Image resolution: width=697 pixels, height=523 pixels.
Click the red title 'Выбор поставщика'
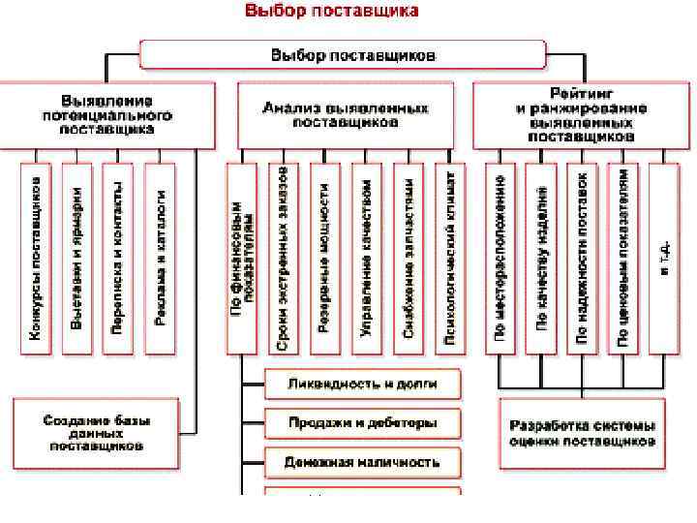point(332,12)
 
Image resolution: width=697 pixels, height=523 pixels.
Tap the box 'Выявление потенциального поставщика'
point(107,114)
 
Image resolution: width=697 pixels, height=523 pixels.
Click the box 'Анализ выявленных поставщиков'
point(345,114)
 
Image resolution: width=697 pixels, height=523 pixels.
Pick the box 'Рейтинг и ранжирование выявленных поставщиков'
point(582,114)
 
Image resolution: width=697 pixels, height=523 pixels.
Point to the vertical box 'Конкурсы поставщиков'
point(35,258)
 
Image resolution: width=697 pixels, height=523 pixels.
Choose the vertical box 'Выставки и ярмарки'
point(76,258)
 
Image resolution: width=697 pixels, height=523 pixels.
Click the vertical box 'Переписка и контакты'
point(118,258)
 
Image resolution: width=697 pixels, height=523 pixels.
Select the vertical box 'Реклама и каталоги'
point(160,258)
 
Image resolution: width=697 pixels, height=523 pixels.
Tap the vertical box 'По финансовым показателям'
point(243,258)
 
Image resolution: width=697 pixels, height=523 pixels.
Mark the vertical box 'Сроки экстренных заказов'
point(284,258)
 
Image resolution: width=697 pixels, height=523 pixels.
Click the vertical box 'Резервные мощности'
point(324,258)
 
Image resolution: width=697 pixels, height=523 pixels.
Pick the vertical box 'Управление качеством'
point(366,258)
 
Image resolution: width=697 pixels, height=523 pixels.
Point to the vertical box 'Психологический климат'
point(449,258)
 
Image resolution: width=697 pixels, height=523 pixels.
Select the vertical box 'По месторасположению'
point(500,258)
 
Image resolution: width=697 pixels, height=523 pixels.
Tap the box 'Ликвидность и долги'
point(362,385)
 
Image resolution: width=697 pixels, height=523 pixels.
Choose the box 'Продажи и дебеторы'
point(362,423)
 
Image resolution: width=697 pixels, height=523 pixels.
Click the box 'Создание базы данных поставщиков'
point(94,433)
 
